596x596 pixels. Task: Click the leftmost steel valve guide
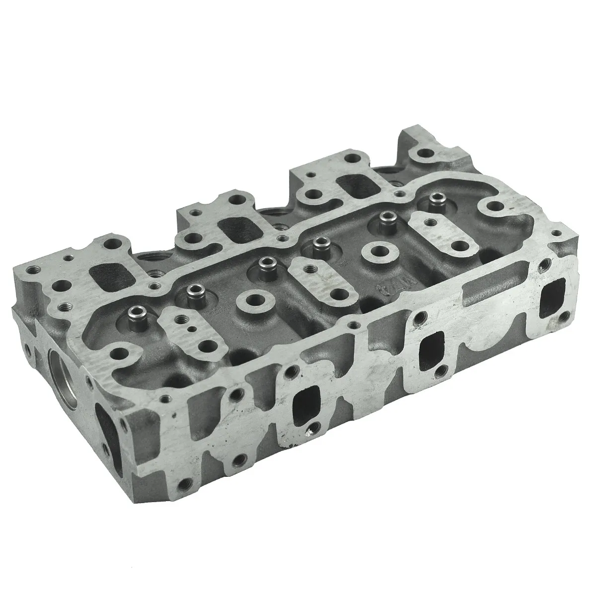[135, 313]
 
